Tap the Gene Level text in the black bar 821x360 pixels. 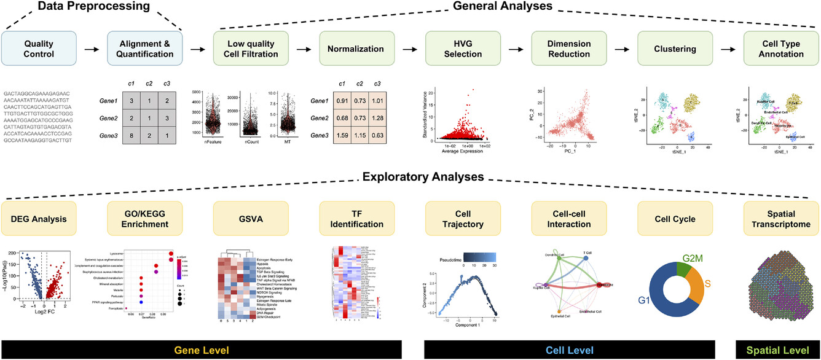201,350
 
